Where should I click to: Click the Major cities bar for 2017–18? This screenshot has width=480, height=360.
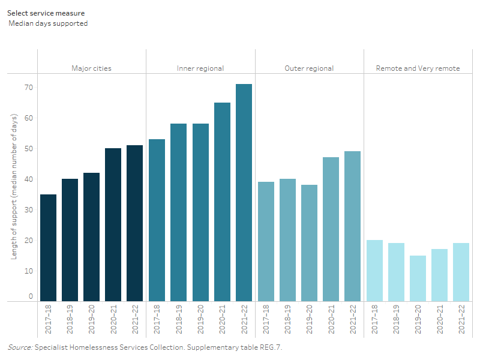coord(48,247)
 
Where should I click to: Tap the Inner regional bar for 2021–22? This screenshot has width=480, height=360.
coord(244,192)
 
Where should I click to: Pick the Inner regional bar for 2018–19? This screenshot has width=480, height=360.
coord(178,212)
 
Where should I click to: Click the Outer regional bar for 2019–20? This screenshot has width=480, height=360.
coord(309,242)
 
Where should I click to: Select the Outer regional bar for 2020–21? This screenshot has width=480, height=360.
coord(331,229)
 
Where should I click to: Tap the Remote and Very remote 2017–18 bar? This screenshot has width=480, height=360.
coord(374,270)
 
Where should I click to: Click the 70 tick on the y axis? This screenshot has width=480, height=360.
coord(28,88)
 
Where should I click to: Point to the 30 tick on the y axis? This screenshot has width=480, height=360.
coord(28,210)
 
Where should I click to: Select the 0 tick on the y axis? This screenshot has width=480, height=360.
coord(31,296)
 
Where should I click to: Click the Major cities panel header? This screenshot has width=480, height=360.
coord(91,68)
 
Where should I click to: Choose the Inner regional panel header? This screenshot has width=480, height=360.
coord(200,68)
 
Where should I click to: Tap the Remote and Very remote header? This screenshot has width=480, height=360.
coord(418,68)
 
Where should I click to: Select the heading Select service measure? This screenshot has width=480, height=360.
coord(46,13)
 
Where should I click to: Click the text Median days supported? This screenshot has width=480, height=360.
coord(49,23)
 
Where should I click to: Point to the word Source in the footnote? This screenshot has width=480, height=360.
coord(19,347)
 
